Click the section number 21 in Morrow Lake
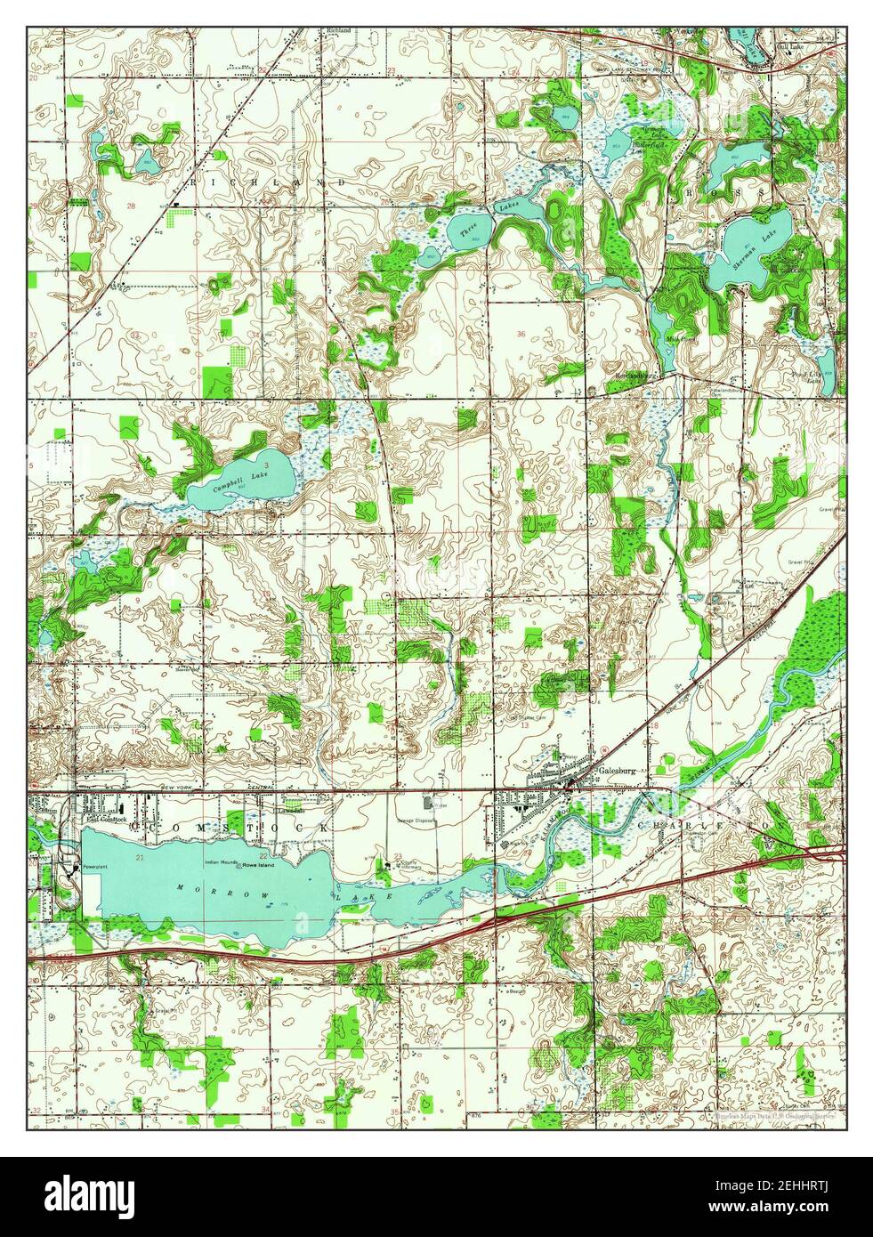140,855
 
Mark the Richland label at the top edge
338,31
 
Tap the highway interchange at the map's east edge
832,853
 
